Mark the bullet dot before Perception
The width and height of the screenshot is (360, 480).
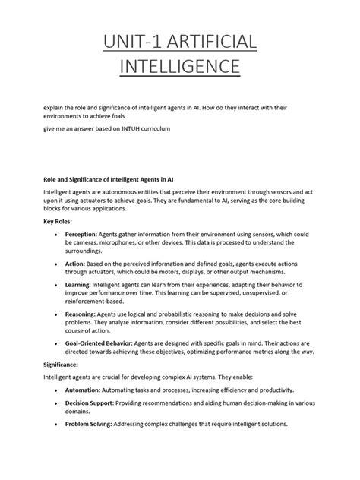point(58,235)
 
